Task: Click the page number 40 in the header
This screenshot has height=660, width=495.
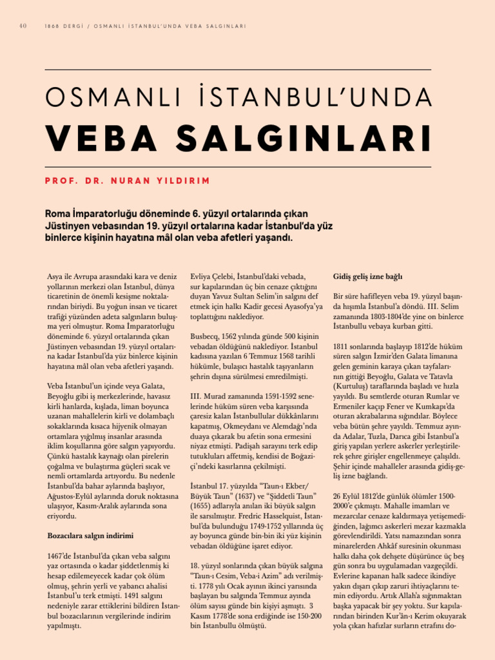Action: (23, 26)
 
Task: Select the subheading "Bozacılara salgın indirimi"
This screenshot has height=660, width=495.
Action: (90, 536)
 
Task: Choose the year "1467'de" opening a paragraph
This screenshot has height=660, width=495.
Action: (62, 556)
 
